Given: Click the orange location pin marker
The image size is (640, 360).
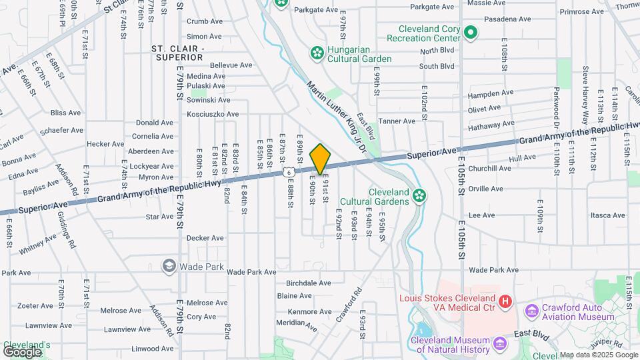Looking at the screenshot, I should coord(320,159).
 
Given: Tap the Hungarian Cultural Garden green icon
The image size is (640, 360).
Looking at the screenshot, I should coord(317,52).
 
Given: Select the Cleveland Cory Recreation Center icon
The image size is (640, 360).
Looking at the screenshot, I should coord(471,32).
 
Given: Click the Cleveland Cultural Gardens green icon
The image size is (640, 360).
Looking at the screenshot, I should coord(419,195).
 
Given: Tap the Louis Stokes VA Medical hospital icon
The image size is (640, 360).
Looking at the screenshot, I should coord(505,302).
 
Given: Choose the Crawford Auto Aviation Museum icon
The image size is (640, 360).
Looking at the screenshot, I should coord(531,311).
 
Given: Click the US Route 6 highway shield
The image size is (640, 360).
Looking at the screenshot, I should coord(288,172).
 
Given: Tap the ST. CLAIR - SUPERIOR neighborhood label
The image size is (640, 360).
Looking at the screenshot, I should coord(177,53).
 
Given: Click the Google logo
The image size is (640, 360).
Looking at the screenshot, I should coord(22,351).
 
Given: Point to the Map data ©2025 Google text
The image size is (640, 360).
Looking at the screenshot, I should coord(598,355).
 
